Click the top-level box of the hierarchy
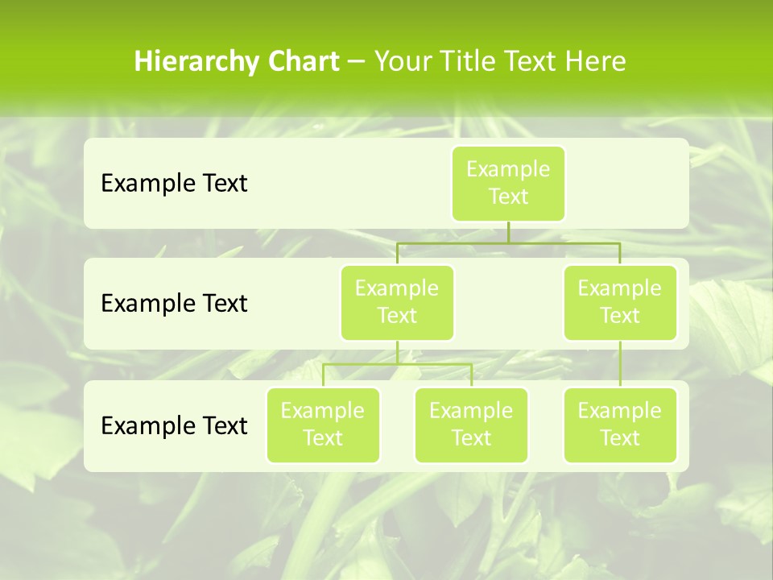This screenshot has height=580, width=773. [508, 184]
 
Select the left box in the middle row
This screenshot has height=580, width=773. [397, 303]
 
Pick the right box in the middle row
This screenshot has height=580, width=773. [620, 303]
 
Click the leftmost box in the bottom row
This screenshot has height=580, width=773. [323, 425]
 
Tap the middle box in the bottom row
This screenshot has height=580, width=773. [471, 425]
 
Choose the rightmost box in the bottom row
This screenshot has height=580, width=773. [620, 425]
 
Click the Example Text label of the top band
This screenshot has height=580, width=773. [174, 184]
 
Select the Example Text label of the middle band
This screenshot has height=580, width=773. [174, 304]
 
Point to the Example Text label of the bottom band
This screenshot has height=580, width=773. [174, 425]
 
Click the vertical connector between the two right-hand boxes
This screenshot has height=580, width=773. [620, 364]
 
